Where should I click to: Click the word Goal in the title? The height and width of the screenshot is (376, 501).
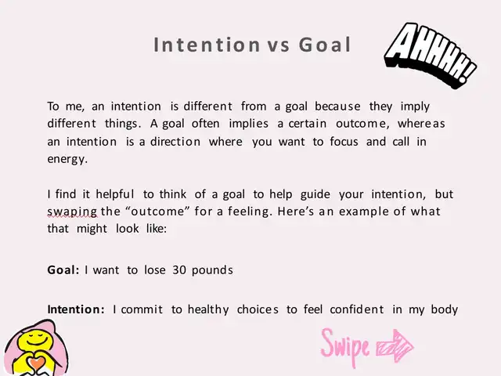tap(325, 45)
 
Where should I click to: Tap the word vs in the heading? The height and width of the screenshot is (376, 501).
tap(279, 45)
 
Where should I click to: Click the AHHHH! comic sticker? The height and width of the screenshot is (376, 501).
tap(431, 54)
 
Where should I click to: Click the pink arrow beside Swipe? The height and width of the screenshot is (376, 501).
tap(395, 346)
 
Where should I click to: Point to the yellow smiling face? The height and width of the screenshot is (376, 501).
tap(36, 340)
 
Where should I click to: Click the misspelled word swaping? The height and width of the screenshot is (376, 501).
tap(72, 212)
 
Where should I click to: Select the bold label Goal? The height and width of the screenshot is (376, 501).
tap(63, 270)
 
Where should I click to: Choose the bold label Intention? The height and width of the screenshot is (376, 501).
tap(76, 309)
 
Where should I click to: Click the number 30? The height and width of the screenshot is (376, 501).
tap(179, 270)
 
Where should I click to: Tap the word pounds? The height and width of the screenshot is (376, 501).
tap(212, 270)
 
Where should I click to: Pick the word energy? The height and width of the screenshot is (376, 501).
tap(67, 159)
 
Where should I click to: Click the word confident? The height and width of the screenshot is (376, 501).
tap(357, 309)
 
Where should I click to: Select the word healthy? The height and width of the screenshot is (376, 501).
tap(208, 310)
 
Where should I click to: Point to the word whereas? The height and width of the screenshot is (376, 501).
tap(421, 124)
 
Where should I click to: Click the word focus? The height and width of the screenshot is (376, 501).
tap(344, 141)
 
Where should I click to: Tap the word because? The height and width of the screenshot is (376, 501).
tap(337, 107)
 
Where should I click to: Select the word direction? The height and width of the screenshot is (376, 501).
tap(175, 141)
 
